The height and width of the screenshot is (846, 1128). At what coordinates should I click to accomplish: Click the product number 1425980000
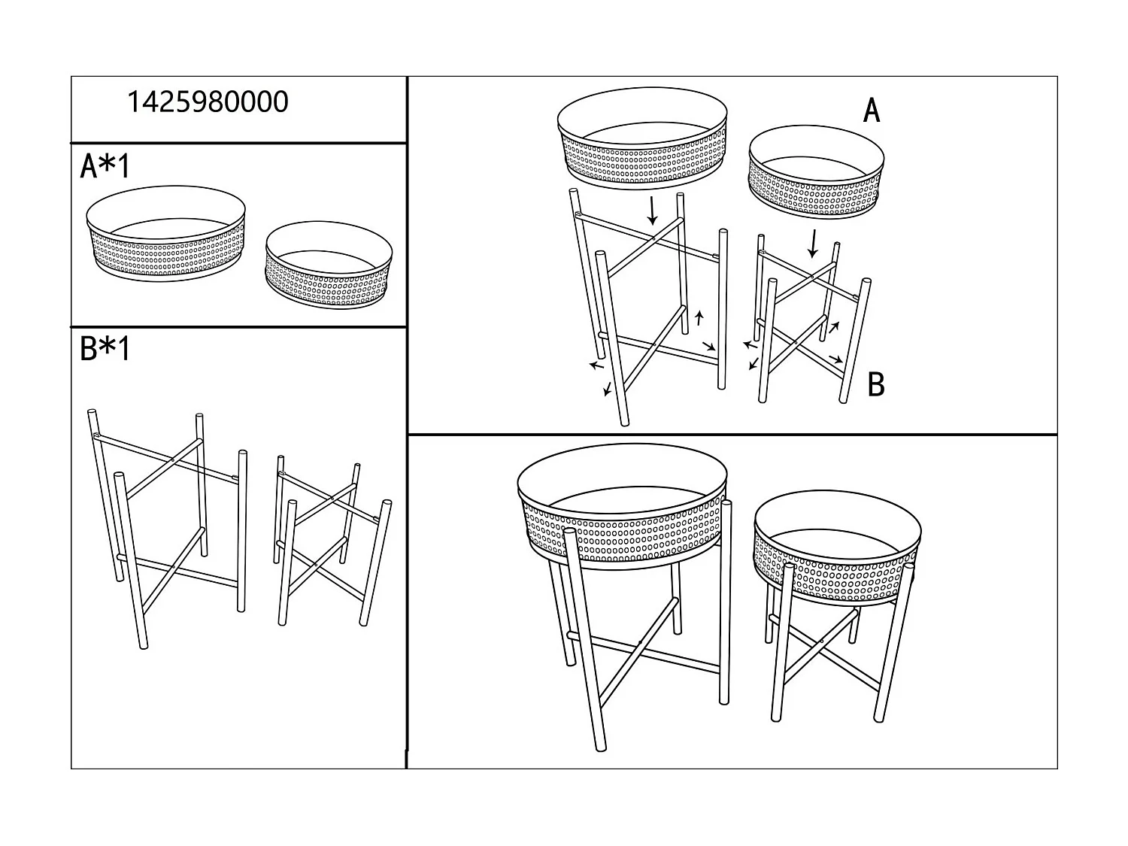208,102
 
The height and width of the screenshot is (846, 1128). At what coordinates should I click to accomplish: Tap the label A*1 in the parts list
105,166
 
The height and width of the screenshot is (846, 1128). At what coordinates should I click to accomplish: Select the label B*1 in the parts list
105,349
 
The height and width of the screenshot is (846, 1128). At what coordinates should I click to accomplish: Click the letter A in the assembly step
871,111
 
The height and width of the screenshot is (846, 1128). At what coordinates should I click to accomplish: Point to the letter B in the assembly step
875,384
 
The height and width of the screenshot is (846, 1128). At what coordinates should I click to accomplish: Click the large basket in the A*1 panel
166,234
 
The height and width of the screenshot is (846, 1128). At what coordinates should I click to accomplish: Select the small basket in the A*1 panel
328,265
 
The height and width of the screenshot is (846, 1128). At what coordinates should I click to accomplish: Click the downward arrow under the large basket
652,210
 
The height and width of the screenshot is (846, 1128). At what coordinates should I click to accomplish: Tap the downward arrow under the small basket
812,243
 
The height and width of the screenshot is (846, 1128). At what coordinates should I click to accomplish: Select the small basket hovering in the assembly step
816,172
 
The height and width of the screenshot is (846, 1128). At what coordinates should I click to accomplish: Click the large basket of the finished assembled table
623,511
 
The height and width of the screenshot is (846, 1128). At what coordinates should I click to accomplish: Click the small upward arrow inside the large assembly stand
699,318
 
